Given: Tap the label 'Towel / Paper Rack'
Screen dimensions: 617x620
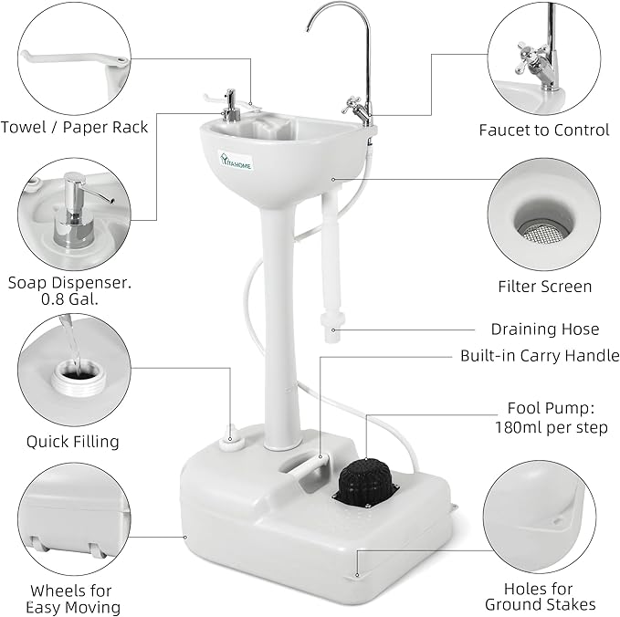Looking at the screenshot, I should coord(74,127).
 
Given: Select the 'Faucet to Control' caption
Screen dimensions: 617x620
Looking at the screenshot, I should coord(543,130).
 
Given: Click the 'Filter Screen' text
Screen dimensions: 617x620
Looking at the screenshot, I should coord(544,287).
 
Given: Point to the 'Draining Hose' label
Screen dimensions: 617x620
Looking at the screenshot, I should coord(545,329).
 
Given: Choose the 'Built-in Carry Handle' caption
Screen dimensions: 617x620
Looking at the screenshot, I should coord(540,356).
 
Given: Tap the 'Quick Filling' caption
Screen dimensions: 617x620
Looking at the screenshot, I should coord(73,442).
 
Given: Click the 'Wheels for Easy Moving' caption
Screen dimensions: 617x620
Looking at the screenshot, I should coord(73,599).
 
